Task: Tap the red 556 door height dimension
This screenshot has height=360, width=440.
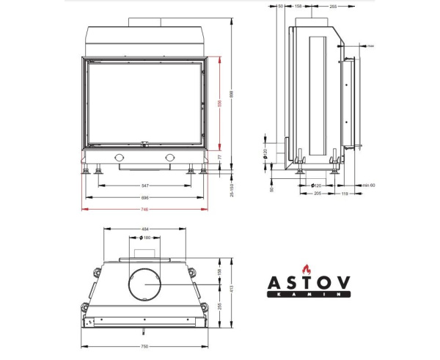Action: coord(219,103)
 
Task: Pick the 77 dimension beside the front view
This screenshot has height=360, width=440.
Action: coord(219,157)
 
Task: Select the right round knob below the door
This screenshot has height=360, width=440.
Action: coord(170,158)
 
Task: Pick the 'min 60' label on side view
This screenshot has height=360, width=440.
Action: coord(368,185)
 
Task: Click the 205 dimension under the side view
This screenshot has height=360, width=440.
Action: coord(318,194)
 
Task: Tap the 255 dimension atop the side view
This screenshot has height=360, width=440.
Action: coord(332,6)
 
